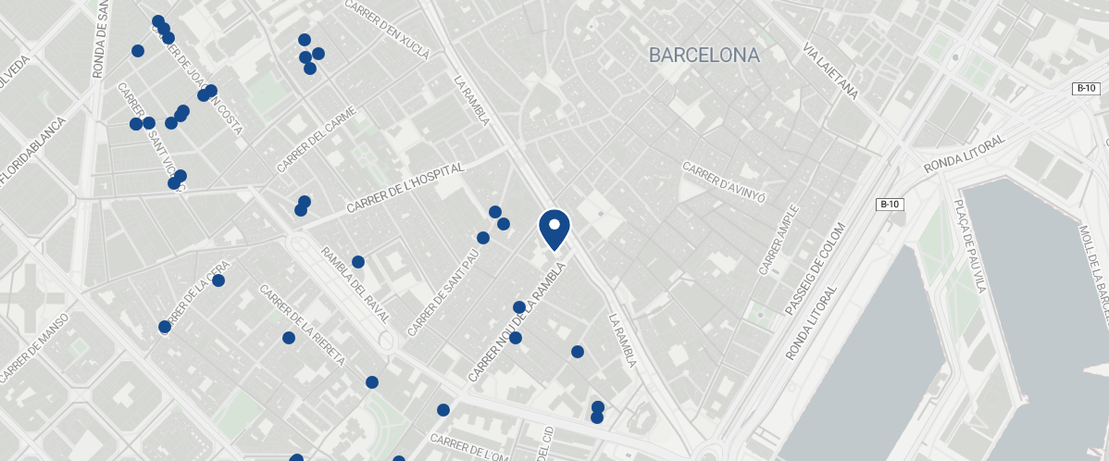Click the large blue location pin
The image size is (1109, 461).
coord(554,228)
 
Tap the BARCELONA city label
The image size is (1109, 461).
coord(704,56)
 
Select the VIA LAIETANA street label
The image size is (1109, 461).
coord(830,70)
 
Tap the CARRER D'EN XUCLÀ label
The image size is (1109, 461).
coord(387,30)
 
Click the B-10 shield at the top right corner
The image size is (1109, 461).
coord(1086,89)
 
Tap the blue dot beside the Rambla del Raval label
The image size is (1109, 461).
coord(358,262)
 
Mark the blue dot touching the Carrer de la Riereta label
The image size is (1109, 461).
coord(289,338)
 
